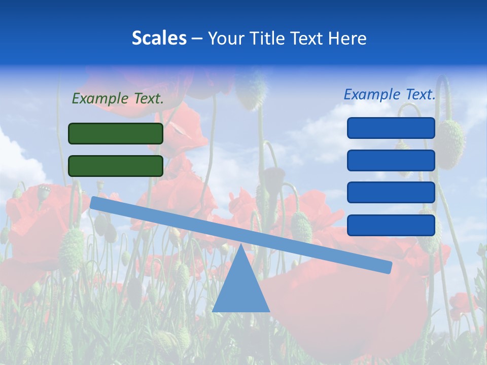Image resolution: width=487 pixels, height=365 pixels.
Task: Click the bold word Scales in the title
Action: click(x=159, y=38)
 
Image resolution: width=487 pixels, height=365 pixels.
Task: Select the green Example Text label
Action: click(x=118, y=98)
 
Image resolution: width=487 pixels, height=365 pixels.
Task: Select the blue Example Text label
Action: click(x=390, y=94)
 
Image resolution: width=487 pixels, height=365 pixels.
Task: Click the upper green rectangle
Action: click(x=116, y=133)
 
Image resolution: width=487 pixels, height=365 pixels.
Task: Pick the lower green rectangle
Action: click(x=116, y=166)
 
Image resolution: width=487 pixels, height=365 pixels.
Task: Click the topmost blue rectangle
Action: click(x=391, y=128)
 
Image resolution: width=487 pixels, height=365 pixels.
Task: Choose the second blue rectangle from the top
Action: click(x=391, y=160)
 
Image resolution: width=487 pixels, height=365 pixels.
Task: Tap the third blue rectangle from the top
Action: click(x=391, y=193)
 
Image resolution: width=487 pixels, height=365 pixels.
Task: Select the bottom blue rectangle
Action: click(x=391, y=225)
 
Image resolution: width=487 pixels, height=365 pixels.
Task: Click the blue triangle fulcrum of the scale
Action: click(x=240, y=289)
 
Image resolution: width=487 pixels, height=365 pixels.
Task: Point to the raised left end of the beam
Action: click(x=94, y=202)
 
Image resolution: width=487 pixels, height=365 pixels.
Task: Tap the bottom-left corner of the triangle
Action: click(x=213, y=311)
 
